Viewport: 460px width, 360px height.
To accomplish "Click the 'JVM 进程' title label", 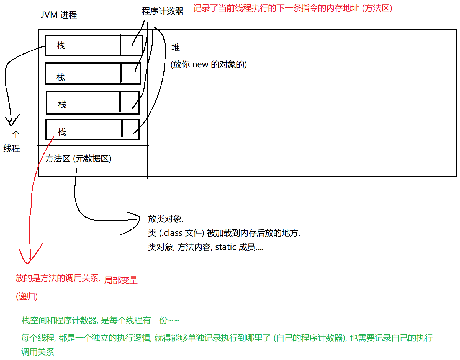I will click(x=59, y=15).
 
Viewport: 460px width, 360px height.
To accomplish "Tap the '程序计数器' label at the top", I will click(x=162, y=11).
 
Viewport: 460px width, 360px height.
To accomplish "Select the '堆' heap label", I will click(x=176, y=47).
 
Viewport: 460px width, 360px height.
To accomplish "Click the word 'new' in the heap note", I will click(x=200, y=64).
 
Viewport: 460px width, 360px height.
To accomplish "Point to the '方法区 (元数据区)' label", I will click(x=78, y=159).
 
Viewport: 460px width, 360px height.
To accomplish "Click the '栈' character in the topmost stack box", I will click(x=61, y=45).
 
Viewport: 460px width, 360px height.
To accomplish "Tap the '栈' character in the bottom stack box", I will click(x=62, y=132).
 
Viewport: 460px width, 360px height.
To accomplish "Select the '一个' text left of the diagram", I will click(x=12, y=135).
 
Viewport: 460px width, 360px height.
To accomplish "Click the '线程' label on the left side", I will click(x=12, y=149).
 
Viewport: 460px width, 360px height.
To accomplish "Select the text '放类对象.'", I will click(x=166, y=219).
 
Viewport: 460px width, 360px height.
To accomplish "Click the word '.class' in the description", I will click(x=172, y=233).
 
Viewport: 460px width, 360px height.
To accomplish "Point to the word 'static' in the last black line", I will click(x=225, y=247).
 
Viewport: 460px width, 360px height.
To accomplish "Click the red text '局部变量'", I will click(x=121, y=280).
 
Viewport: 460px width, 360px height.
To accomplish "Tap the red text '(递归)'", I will click(x=27, y=296).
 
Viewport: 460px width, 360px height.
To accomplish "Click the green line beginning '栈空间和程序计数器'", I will click(x=100, y=320).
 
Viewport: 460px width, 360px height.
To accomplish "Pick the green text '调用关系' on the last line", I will click(x=38, y=352).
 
